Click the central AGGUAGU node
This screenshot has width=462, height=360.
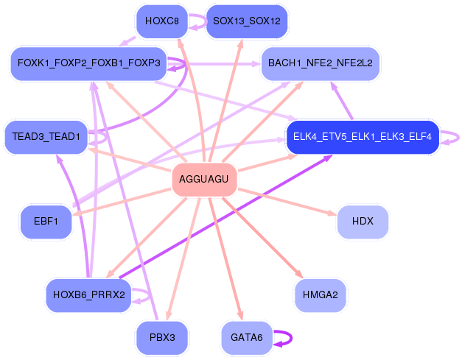tap(205, 180)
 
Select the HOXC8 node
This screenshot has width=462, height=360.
tap(162, 21)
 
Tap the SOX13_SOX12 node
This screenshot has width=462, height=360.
tap(247, 21)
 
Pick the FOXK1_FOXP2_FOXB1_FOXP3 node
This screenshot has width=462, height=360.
tap(88, 63)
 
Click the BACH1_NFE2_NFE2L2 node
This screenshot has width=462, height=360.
tap(321, 63)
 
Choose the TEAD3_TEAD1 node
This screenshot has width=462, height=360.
tap(46, 137)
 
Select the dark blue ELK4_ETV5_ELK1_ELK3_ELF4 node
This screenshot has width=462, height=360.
tap(363, 137)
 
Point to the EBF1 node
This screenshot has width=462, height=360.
tap(46, 222)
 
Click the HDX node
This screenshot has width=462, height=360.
tap(363, 222)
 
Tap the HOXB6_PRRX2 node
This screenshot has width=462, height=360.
tap(88, 295)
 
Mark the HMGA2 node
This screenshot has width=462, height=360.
tap(321, 295)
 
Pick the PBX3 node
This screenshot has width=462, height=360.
tap(162, 337)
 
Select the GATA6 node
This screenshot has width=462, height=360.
tap(247, 337)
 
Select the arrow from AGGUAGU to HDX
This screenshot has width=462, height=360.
tap(287, 202)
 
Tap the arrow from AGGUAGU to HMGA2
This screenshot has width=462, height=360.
tap(263, 238)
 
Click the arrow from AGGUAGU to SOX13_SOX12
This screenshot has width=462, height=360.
tap(225, 100)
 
